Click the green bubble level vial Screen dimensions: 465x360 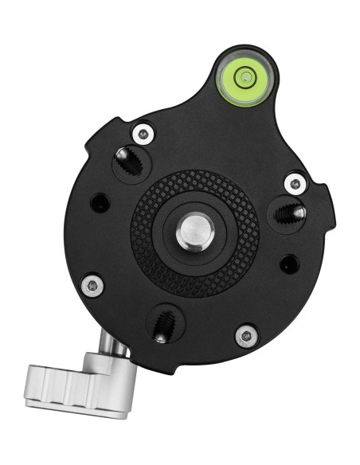click(x=244, y=78)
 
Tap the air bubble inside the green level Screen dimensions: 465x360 click(x=246, y=77)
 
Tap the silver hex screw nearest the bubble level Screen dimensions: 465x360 click(x=143, y=132)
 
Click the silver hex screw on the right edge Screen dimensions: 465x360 click(x=295, y=183)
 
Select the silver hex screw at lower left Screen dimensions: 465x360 click(x=93, y=283)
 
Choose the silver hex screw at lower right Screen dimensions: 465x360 click(x=246, y=334)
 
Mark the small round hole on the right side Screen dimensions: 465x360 click(x=288, y=263)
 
